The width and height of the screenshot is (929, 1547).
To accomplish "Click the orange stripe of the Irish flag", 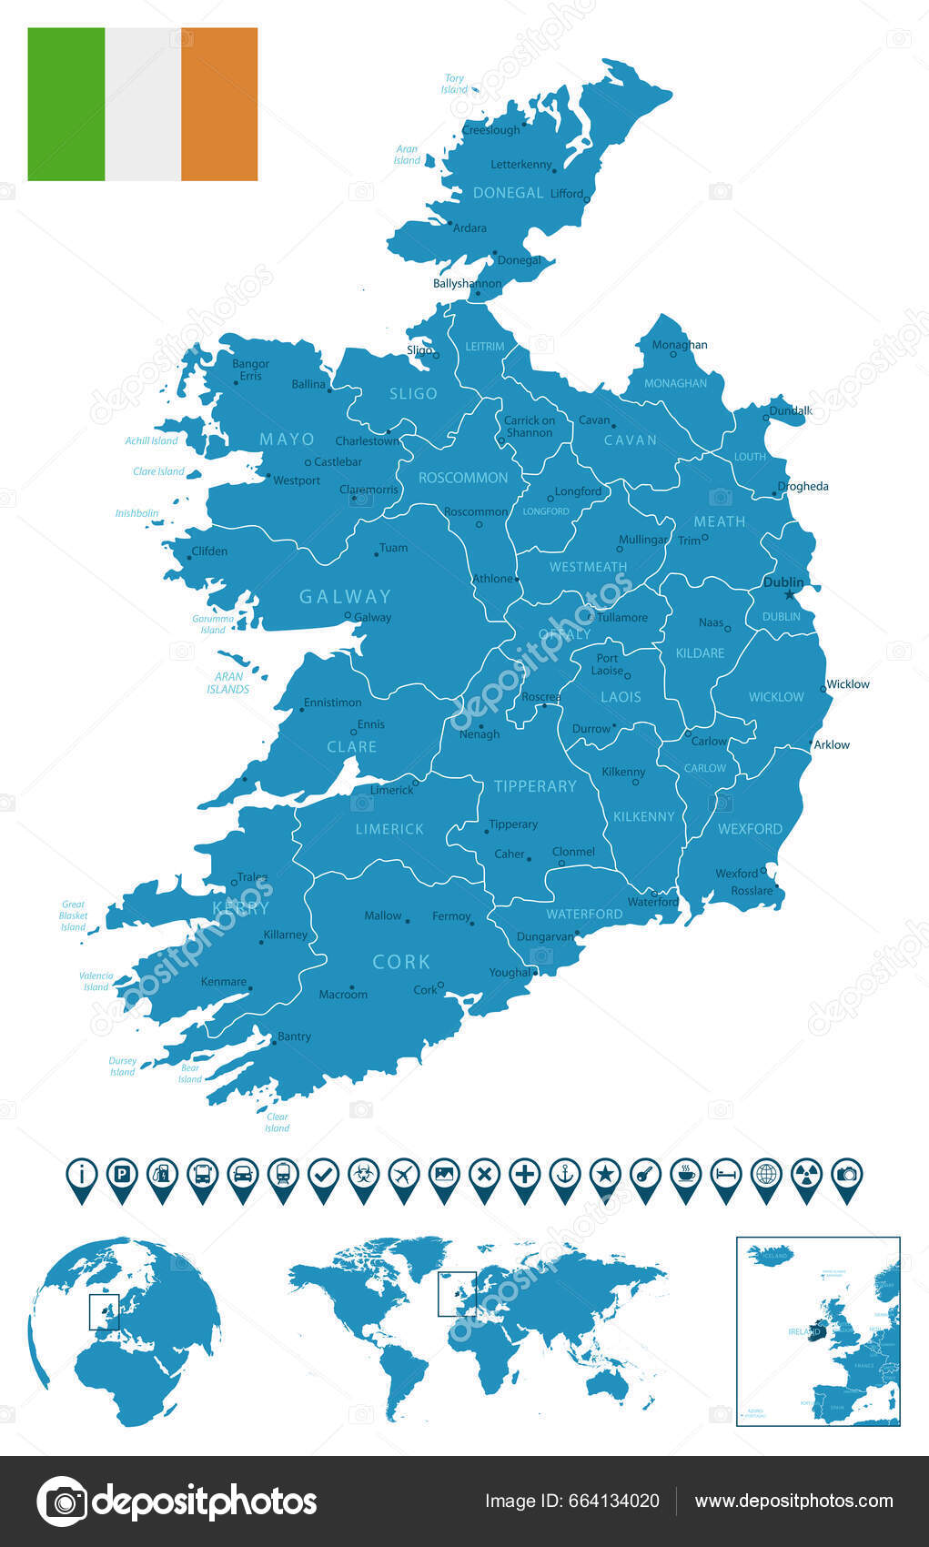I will [x=219, y=104].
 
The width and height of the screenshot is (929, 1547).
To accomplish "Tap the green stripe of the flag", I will [x=66, y=104].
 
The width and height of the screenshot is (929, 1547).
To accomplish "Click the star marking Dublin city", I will [x=789, y=595].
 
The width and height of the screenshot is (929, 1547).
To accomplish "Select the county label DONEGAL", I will [x=508, y=193].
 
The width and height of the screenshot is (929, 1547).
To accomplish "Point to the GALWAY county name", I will [x=345, y=597].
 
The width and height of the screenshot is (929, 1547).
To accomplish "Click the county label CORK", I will [x=401, y=962].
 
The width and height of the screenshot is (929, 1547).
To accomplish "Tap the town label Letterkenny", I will [x=521, y=165].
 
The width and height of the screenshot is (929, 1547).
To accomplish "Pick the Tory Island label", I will [x=454, y=84].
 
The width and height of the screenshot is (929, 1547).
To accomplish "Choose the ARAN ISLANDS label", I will [x=228, y=682].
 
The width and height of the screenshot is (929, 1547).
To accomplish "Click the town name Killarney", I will [x=285, y=935].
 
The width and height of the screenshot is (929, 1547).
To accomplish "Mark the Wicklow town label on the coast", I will [x=847, y=684].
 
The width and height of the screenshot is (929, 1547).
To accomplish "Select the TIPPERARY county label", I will [x=535, y=786].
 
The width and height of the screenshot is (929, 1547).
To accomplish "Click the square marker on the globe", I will [x=104, y=1311].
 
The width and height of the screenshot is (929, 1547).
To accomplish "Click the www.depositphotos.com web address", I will [x=793, y=1501].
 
